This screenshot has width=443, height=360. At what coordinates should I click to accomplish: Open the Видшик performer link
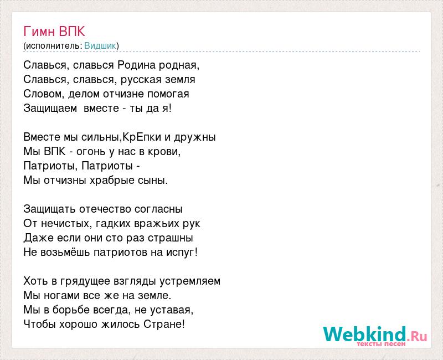(x=100, y=46)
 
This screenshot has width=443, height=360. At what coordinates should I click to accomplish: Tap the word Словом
(x=44, y=94)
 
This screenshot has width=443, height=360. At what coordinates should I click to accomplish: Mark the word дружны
(x=195, y=137)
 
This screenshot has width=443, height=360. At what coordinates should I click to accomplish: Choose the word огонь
(x=91, y=152)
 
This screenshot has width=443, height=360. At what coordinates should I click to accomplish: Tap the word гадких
(x=113, y=224)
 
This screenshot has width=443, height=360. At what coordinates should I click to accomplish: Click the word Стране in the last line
(x=162, y=324)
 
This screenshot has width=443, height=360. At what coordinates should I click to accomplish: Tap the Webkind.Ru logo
(x=375, y=334)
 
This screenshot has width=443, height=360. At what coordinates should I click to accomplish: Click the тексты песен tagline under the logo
(x=381, y=344)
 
